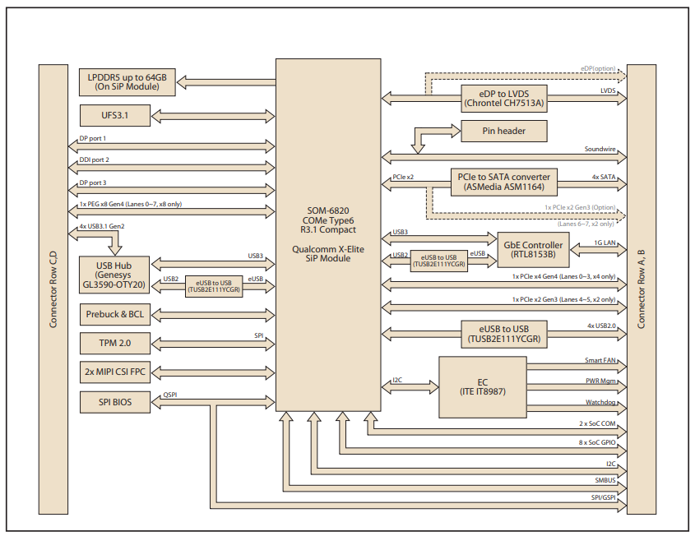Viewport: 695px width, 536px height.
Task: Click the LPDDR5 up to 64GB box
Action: pos(127,81)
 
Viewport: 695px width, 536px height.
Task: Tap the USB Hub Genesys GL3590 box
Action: pos(115,273)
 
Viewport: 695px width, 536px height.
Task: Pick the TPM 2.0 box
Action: pos(115,341)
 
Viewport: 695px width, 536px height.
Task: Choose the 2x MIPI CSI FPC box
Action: pos(115,372)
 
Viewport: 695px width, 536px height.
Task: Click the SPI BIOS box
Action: pos(115,403)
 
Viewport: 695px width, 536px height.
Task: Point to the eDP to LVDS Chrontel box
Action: pos(504,98)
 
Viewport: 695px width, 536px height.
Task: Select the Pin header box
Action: pos(504,130)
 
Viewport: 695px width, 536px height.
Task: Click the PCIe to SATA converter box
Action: pos(504,182)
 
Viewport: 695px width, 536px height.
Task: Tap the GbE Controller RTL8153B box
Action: pos(531,250)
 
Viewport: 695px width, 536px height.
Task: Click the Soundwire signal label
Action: pos(601,150)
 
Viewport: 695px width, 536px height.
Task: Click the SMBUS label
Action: pos(605,480)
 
